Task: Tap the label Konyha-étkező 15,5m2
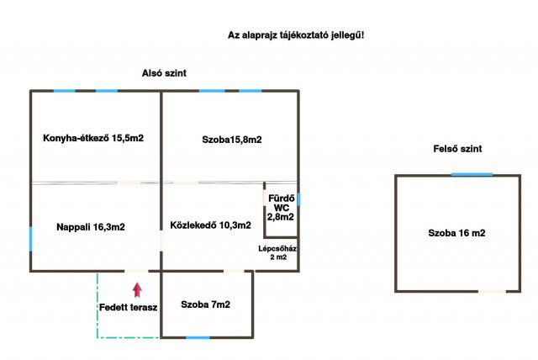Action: pos(93,138)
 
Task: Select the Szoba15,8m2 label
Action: pos(231,139)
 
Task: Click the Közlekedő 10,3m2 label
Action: pos(210,225)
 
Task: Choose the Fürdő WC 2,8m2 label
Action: pos(280,207)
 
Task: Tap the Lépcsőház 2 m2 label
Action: pos(277,253)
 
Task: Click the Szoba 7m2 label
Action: pos(205,304)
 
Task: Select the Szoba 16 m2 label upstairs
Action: pos(456,232)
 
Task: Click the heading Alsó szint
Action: pos(164,74)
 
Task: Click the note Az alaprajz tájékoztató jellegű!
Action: pos(296,35)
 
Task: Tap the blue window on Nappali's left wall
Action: pos(31,238)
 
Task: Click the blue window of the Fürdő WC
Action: pos(298,199)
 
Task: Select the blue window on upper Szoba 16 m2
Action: pos(472,174)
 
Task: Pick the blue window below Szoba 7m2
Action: pos(198,337)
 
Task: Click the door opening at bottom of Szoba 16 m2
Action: pos(493,291)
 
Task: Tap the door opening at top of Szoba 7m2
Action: pos(235,271)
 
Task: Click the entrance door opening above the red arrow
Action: pos(137,271)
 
